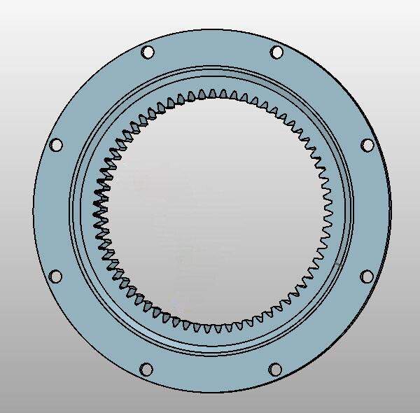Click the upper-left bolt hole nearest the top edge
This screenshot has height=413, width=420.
click(x=148, y=52)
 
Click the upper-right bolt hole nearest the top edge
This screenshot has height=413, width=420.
click(x=276, y=52)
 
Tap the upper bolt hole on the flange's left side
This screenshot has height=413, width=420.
click(x=57, y=145)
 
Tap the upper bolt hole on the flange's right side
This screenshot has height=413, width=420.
click(x=367, y=145)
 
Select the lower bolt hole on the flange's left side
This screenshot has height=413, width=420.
click(x=56, y=276)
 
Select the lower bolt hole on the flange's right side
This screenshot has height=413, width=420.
click(x=367, y=276)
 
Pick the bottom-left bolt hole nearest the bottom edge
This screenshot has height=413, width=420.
click(x=146, y=369)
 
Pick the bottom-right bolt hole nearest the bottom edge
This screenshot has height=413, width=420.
click(x=275, y=369)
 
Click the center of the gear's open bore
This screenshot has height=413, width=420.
click(x=212, y=210)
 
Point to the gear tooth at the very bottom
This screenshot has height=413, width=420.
click(x=212, y=326)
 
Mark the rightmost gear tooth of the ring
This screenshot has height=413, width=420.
click(x=328, y=210)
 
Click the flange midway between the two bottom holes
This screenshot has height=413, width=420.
click(x=211, y=377)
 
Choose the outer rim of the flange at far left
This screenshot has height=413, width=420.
click(x=34, y=210)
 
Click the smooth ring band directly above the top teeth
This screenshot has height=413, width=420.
click(x=212, y=81)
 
